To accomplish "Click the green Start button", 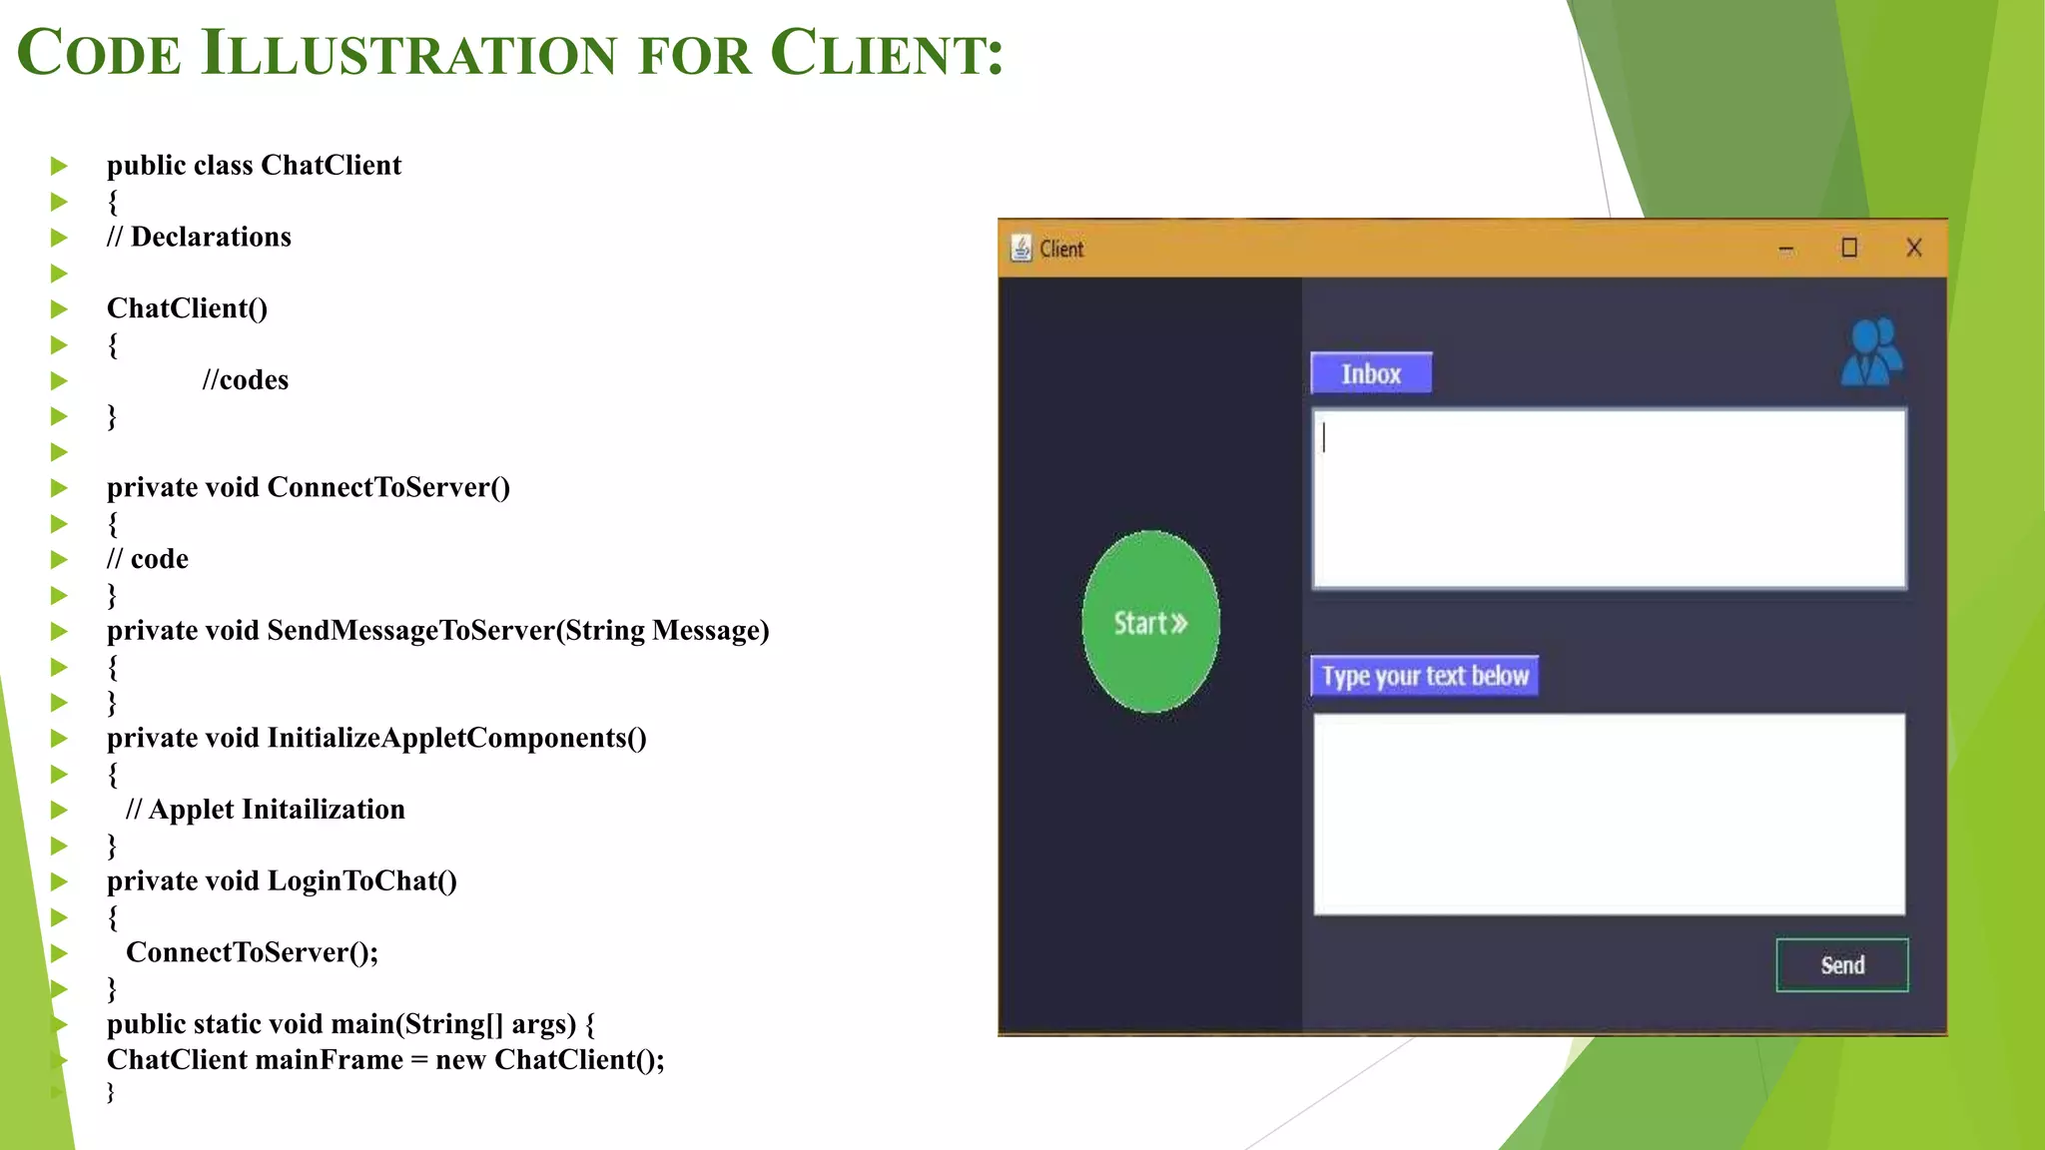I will [1150, 622].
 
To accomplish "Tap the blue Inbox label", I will [1371, 373].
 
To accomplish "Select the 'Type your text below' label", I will [1424, 676].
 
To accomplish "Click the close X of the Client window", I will [1913, 248].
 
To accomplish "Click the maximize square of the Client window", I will [1849, 248].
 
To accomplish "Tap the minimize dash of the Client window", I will [1786, 250].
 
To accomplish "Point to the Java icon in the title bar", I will [1021, 248].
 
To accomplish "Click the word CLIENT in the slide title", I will [886, 53].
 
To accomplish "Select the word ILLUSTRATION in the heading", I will [409, 53].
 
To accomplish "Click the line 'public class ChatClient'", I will [254, 165].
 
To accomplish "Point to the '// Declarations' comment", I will [199, 237].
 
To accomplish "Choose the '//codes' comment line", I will [245, 380].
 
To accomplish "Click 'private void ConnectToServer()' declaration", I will [308, 487].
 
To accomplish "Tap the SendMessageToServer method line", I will [437, 631].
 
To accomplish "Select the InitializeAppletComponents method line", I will [376, 738].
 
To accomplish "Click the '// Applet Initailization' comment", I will [266, 810].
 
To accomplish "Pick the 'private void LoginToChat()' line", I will [282, 880].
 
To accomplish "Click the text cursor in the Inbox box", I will [1324, 437].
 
